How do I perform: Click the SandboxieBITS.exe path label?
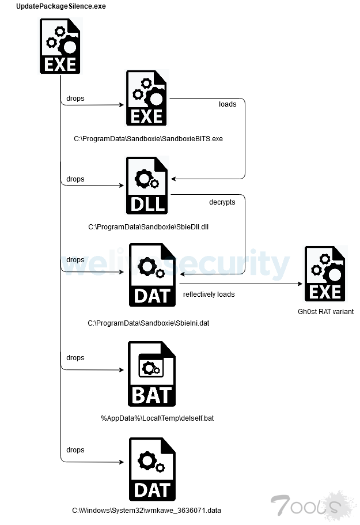coord(148,139)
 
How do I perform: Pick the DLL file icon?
coord(147,186)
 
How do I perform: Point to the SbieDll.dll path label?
coord(149,226)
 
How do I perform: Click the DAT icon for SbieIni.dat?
coord(152,275)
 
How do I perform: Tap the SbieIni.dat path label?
coord(149,323)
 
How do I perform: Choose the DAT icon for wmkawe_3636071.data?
coord(152,469)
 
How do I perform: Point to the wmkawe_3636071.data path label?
coord(146,511)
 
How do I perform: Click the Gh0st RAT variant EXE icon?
coord(325,274)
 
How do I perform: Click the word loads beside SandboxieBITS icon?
coord(228,104)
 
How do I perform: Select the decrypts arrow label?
coord(222,202)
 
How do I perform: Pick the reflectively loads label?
coord(209,294)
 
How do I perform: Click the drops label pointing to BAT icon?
coord(75,358)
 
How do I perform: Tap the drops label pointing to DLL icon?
coord(75,179)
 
